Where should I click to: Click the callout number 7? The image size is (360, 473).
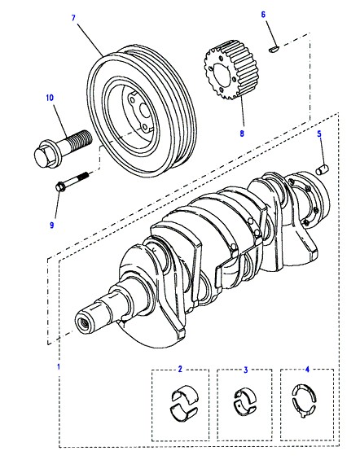(73, 18)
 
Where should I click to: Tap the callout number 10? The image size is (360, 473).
(50, 98)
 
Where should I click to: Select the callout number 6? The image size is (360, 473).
(263, 15)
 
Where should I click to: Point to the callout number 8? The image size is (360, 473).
(242, 133)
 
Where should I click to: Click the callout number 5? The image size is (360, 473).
(319, 134)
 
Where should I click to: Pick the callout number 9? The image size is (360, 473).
(52, 225)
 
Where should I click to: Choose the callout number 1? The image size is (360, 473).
(59, 366)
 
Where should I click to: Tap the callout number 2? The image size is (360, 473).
(180, 369)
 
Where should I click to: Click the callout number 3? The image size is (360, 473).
(246, 370)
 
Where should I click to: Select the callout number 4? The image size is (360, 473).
(307, 369)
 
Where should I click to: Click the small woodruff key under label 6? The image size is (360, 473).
(274, 48)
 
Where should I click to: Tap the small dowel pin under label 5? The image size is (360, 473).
(323, 169)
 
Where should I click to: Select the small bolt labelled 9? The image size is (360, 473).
(72, 182)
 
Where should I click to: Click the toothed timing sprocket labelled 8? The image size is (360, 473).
(230, 71)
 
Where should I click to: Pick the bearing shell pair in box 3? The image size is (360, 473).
(245, 401)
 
